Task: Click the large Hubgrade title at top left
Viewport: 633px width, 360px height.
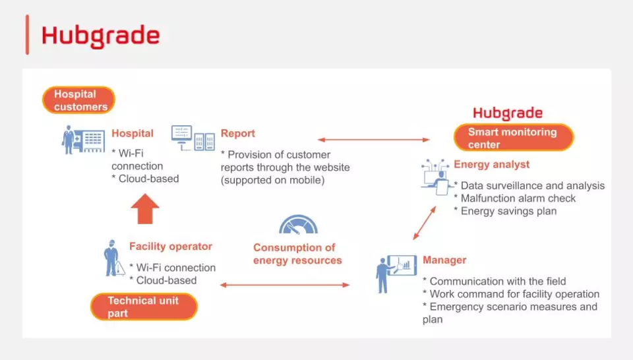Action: click(100, 36)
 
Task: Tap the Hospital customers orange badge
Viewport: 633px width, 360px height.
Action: click(78, 100)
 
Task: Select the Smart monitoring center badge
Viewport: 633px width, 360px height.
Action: click(514, 138)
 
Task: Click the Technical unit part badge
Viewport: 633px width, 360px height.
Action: click(144, 307)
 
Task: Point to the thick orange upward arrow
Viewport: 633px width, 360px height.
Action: click(145, 208)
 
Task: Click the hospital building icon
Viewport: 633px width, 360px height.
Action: click(84, 140)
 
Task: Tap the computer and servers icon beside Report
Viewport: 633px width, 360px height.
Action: click(193, 138)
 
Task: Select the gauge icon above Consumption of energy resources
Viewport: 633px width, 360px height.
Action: click(298, 224)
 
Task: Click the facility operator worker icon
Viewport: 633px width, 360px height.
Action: click(113, 258)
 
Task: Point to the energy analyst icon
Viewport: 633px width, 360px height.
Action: click(437, 177)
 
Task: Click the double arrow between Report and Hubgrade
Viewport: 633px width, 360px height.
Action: click(373, 140)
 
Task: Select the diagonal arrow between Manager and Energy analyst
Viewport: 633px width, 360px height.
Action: click(425, 223)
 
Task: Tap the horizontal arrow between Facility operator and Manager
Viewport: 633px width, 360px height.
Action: click(285, 285)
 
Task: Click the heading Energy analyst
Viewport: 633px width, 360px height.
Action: click(491, 164)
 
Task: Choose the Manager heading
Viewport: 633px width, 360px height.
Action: click(444, 260)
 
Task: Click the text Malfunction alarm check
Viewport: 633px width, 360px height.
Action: click(518, 198)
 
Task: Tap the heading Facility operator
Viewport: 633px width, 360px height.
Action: click(170, 247)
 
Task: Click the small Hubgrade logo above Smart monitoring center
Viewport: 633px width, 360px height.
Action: click(508, 113)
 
